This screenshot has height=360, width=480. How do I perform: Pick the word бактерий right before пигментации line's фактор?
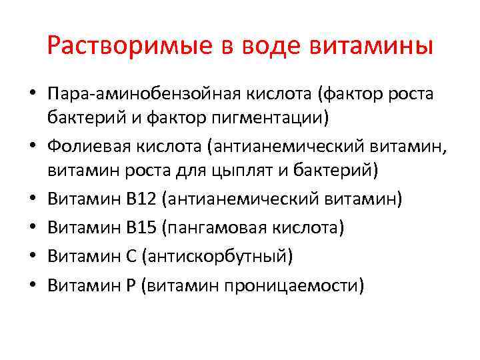tap(85, 118)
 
